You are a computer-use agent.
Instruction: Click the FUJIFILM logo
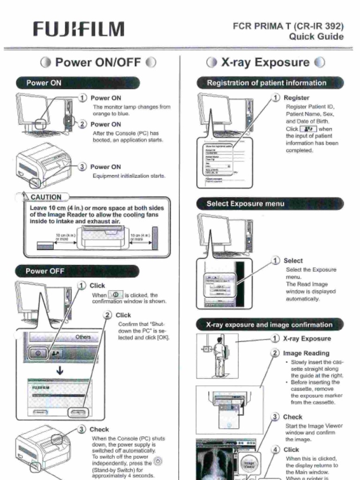(79, 29)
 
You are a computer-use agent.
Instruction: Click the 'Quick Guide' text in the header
(316, 37)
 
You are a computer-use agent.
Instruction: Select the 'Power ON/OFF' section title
(98, 62)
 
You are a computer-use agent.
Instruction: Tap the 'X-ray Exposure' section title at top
(265, 62)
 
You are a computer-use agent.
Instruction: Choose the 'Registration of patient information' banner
(267, 83)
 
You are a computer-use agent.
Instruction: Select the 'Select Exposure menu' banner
(245, 204)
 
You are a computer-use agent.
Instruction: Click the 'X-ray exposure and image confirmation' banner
(269, 324)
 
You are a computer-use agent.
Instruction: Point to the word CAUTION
(45, 197)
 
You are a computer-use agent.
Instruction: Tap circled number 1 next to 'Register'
(276, 98)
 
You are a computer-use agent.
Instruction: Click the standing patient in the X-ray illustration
(219, 356)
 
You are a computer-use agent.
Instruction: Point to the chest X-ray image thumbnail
(216, 463)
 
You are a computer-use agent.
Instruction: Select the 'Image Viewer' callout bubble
(249, 464)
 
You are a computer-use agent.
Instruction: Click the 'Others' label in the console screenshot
(83, 337)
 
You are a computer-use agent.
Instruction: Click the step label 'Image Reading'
(306, 353)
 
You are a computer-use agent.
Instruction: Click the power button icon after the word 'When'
(115, 295)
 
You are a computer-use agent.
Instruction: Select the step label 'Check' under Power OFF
(99, 429)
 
